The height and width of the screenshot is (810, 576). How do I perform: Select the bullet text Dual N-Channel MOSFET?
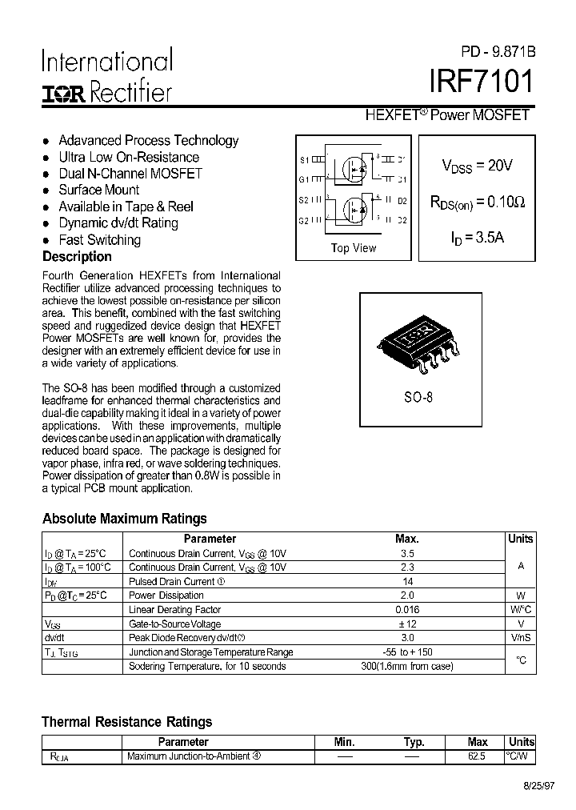130,174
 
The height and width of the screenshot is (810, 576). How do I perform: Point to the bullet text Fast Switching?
99,240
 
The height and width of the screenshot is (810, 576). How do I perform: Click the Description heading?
77,257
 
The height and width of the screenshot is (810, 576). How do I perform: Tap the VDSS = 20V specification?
477,166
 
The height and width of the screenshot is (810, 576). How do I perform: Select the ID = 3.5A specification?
478,238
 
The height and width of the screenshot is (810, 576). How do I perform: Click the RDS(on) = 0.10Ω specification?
478,202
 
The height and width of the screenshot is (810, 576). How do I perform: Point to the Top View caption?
353,248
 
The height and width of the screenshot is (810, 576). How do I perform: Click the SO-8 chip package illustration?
416,339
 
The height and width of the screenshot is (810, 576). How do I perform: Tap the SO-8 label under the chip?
418,396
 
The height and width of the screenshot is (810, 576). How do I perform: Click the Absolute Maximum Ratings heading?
124,519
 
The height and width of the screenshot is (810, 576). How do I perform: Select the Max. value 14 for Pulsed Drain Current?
407,582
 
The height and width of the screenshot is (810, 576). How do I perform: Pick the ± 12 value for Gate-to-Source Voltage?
407,624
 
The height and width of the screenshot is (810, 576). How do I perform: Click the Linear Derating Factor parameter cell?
174,610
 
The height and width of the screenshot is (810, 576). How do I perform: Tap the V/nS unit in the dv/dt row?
520,639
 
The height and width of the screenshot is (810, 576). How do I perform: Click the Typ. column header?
414,742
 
